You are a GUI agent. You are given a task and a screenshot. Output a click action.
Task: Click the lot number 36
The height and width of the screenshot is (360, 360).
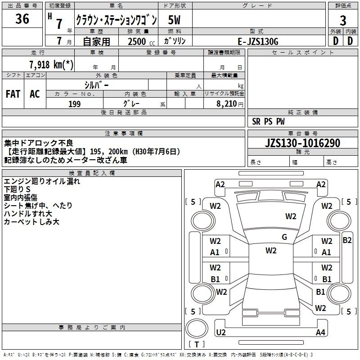coord(22,19)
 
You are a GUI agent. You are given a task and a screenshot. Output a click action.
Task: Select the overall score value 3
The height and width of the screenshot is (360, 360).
coord(343,20)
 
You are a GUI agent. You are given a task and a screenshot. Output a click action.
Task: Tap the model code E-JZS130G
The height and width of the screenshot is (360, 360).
coord(258,41)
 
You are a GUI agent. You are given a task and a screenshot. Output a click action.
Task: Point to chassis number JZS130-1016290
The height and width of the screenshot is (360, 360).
coord(302,143)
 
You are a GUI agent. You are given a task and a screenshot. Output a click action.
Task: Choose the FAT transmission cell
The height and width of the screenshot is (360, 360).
coord(13,94)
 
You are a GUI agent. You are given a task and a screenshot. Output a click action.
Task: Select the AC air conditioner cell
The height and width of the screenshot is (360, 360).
coord(35,94)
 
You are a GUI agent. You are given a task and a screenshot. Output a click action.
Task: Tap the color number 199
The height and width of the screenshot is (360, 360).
coord(74,104)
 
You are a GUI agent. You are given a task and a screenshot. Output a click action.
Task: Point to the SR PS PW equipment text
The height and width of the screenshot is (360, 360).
coord(268,121)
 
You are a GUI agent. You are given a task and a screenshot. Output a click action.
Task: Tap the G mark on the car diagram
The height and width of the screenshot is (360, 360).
coord(284,237)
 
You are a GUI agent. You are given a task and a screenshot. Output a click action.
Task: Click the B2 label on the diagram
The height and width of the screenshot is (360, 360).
coord(347,240)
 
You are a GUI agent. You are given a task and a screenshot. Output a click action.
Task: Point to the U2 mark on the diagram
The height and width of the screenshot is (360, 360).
coord(220,333)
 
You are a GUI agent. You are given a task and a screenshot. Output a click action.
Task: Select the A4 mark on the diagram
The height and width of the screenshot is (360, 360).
coord(320,333)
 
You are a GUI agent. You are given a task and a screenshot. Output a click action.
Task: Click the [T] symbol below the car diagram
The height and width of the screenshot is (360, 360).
coord(197,345)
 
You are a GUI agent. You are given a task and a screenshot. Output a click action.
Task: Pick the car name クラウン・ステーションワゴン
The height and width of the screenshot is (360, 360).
coord(116,20)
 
